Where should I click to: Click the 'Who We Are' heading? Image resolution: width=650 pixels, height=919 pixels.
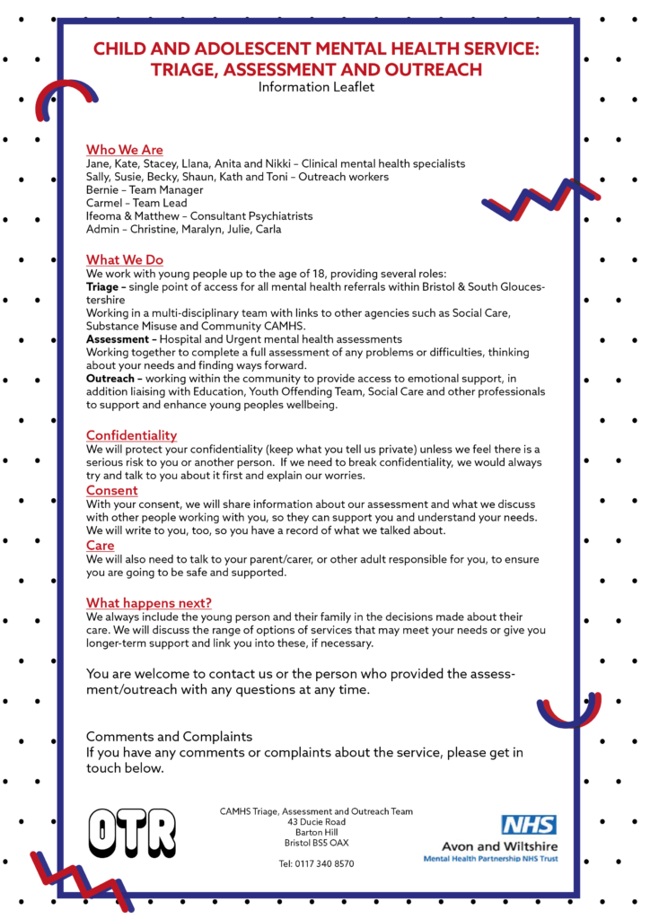(125, 150)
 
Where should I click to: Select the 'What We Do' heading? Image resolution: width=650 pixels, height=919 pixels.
(125, 260)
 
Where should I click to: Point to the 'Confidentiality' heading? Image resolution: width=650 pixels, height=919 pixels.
(131, 435)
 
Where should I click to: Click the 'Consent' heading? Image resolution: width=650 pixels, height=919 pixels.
(112, 490)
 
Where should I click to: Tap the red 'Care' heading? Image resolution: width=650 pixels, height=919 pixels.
(101, 545)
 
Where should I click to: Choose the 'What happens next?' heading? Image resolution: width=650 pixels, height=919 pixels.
(149, 602)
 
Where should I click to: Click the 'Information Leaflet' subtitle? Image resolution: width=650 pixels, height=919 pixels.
(316, 87)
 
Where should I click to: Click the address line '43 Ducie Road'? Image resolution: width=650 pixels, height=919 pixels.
(316, 821)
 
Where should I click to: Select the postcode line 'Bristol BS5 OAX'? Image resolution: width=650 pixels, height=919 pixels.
(316, 843)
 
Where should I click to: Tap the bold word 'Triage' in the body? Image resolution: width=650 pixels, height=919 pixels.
(106, 285)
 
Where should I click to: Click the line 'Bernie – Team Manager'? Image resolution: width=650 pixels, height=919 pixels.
(145, 190)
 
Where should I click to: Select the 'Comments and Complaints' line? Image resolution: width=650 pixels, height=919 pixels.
(170, 737)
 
